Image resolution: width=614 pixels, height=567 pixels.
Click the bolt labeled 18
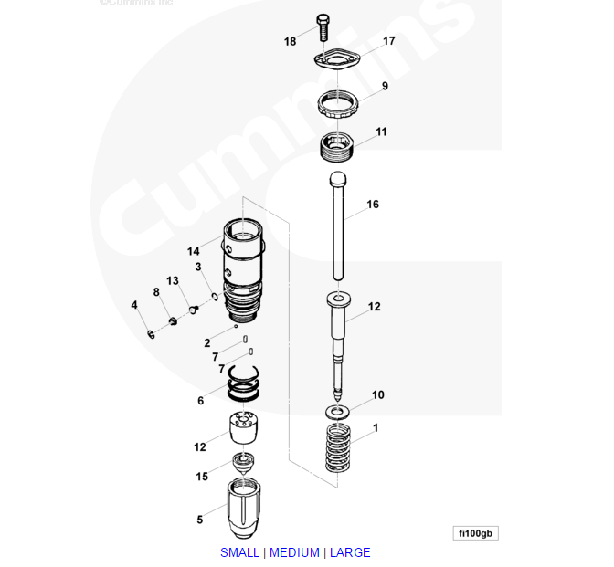(322, 27)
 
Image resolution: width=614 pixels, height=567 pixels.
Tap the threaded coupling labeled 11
(338, 145)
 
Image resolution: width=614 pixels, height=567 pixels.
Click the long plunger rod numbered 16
(337, 224)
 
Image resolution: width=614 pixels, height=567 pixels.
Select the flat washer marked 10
(337, 412)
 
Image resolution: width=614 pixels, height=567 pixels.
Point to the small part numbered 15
(242, 461)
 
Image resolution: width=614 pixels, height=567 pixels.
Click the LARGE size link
(350, 552)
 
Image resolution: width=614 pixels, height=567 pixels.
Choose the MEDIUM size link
(294, 552)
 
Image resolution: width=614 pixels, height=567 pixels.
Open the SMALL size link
(239, 552)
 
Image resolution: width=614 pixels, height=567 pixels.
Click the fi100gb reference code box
(475, 533)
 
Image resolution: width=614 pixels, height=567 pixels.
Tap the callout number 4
(134, 305)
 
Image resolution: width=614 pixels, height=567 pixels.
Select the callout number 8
(156, 292)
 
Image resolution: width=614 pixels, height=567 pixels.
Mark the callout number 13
(172, 280)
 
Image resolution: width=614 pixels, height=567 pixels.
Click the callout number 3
(198, 267)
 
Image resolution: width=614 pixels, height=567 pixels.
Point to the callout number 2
(207, 343)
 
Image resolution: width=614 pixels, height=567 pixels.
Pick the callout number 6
(201, 401)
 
